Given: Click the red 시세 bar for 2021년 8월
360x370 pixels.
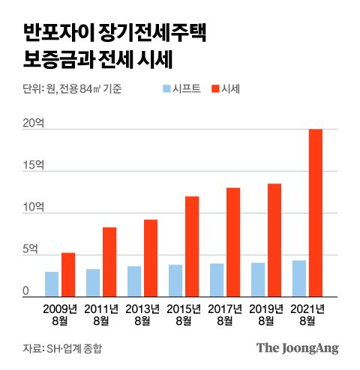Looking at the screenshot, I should [x=316, y=212].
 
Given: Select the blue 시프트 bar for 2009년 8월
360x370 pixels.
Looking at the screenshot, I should [x=52, y=283].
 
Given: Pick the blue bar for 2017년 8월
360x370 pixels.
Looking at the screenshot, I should [x=217, y=279].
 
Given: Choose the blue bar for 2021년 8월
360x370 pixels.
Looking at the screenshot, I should [x=299, y=278].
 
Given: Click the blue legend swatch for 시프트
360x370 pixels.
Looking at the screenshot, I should [x=166, y=89].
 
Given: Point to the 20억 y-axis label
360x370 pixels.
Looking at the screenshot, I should [x=33, y=124].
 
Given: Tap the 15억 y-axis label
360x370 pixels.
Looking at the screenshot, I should [x=33, y=165].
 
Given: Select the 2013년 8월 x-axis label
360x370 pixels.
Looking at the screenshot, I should [x=142, y=315].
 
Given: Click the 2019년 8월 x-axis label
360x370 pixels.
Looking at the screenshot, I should [x=266, y=315].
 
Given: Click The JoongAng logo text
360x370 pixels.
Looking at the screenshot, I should [x=297, y=348].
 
